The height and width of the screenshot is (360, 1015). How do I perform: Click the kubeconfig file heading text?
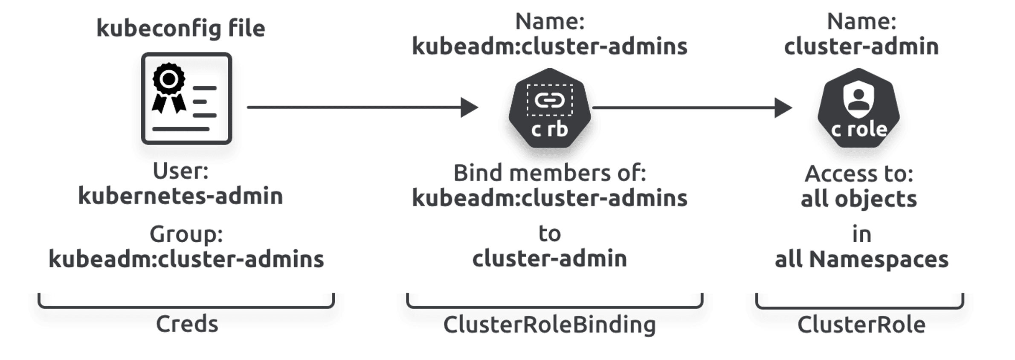pyautogui.click(x=181, y=29)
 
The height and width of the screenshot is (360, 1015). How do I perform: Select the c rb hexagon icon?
pyautogui.click(x=549, y=108)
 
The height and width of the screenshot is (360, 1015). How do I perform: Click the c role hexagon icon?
pyautogui.click(x=858, y=108)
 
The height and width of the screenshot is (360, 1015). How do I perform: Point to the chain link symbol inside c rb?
pyautogui.click(x=549, y=100)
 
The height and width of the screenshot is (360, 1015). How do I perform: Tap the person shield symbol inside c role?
pyautogui.click(x=858, y=99)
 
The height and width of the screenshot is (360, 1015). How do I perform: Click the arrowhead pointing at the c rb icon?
pyautogui.click(x=469, y=107)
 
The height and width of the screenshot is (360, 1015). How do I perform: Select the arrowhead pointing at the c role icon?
pyautogui.click(x=783, y=107)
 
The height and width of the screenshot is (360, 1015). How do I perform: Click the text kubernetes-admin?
pyautogui.click(x=180, y=196)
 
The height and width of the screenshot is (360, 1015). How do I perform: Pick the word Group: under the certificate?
pyautogui.click(x=186, y=234)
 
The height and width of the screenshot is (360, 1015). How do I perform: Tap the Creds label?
pyautogui.click(x=187, y=324)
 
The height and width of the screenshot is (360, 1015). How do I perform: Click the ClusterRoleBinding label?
pyautogui.click(x=549, y=325)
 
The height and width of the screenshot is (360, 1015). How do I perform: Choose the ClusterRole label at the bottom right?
pyautogui.click(x=861, y=325)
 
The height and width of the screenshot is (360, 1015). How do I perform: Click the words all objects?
pyautogui.click(x=858, y=199)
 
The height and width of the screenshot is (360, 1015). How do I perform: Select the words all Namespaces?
pyautogui.click(x=861, y=259)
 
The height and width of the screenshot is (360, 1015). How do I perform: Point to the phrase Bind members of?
pyautogui.click(x=549, y=173)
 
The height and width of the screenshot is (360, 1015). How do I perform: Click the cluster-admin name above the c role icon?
pyautogui.click(x=861, y=46)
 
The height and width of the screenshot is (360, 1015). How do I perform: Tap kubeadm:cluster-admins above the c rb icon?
pyautogui.click(x=549, y=46)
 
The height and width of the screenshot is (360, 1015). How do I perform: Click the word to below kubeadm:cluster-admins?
pyautogui.click(x=549, y=233)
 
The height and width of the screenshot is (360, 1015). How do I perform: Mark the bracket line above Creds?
pyautogui.click(x=186, y=306)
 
